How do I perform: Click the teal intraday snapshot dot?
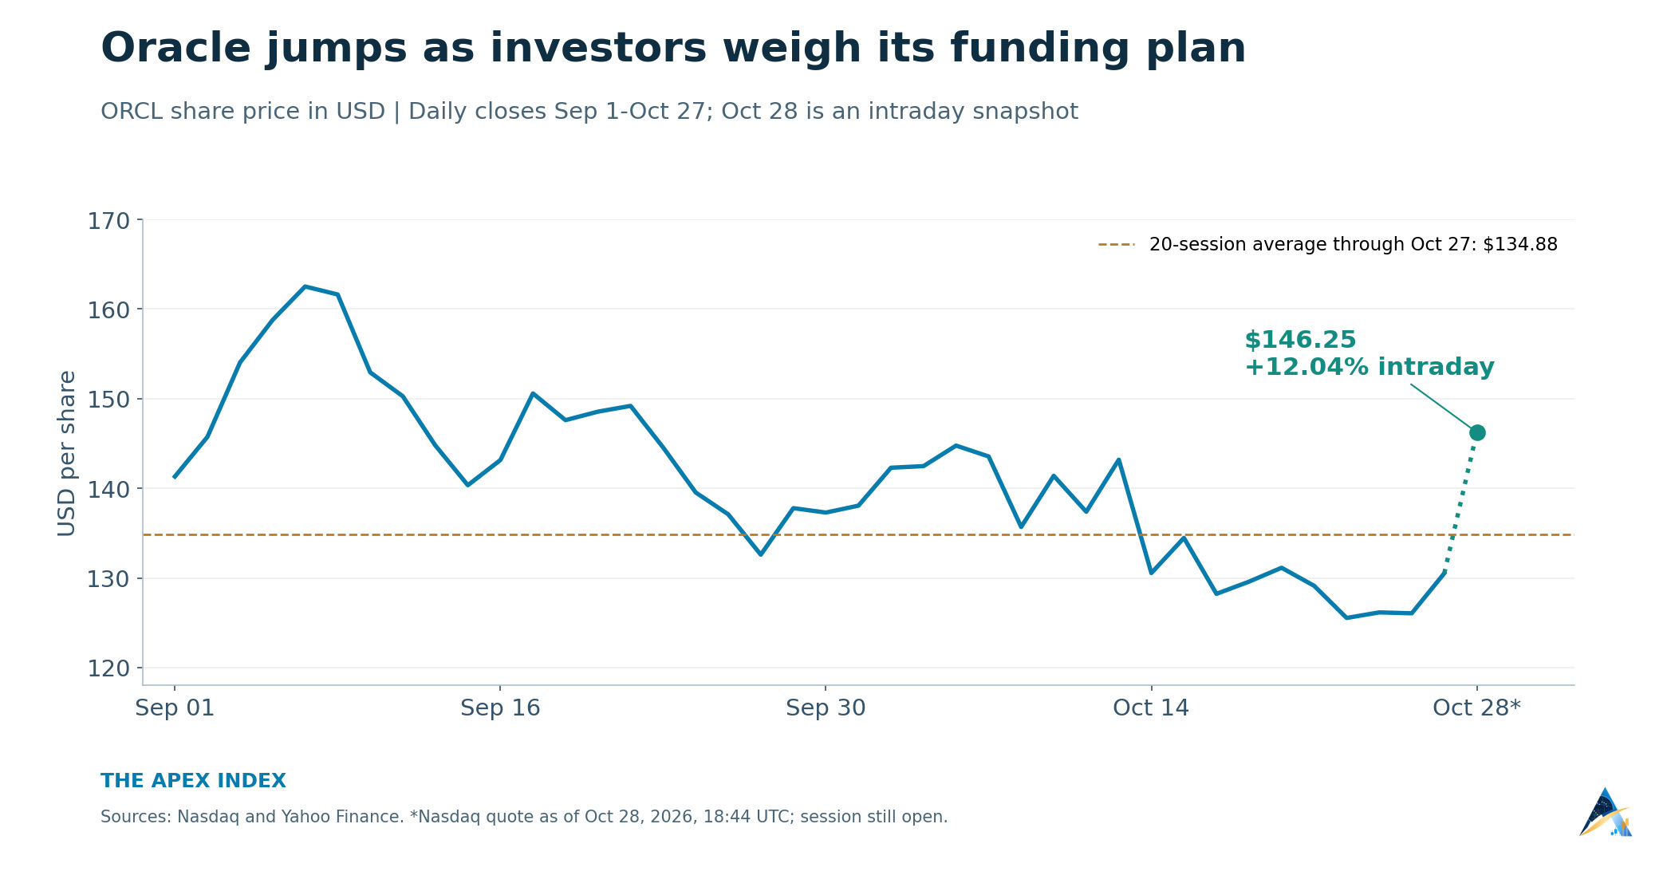pos(1477,432)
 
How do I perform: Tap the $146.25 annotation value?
pos(1300,341)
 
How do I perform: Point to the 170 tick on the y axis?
pos(108,221)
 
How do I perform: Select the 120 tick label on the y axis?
pos(108,668)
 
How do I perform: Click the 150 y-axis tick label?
pos(108,400)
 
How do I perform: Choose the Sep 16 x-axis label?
pos(500,708)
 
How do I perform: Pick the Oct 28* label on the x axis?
pos(1476,708)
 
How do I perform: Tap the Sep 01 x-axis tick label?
pos(175,708)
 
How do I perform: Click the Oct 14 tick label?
pos(1151,708)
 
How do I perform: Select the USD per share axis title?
pos(67,453)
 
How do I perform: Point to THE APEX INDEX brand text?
pos(193,782)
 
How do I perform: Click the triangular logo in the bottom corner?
pos(1606,813)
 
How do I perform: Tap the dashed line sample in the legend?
pos(1117,245)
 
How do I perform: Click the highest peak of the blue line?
pos(305,286)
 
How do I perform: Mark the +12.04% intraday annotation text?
pos(1370,368)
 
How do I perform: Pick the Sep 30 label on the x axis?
pos(826,708)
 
